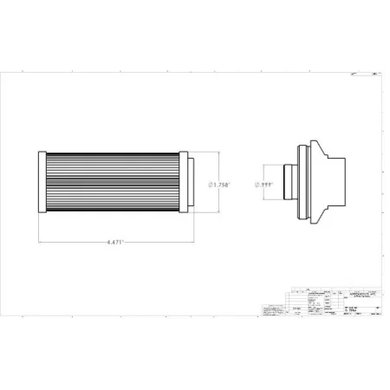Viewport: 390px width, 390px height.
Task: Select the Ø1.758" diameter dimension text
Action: click(x=224, y=185)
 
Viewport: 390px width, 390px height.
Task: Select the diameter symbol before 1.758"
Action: click(x=213, y=185)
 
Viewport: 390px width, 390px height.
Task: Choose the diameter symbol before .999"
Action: click(x=257, y=185)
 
